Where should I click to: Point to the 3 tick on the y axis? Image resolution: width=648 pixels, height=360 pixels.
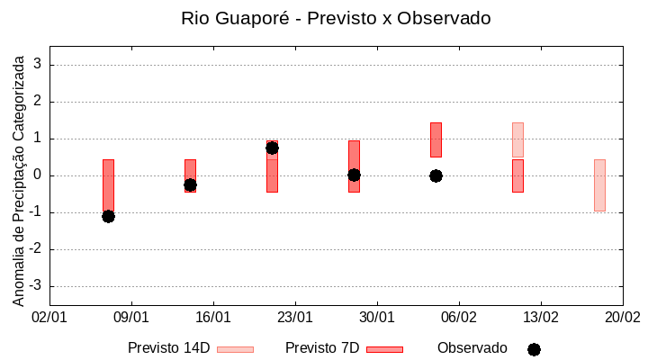pos(39,65)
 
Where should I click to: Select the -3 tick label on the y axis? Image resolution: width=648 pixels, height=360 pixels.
pos(36,286)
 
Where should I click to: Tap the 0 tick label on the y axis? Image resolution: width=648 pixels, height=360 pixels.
pos(39,175)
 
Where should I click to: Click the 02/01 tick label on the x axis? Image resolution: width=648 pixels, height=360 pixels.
pos(49,318)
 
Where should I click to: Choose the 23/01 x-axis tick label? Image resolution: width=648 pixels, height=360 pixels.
pos(295,318)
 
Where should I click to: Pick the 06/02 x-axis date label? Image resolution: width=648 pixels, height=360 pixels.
pos(459,318)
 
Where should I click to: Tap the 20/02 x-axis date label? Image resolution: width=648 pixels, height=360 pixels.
pos(622,318)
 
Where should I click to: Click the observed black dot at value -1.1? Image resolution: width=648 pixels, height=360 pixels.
pos(108,216)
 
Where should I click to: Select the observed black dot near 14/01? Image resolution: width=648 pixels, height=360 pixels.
pos(190,184)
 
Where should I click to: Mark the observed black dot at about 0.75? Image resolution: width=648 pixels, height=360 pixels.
pos(272,148)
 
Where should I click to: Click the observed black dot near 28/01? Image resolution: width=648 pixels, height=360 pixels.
pos(354,175)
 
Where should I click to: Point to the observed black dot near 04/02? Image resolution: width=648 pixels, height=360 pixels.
pos(436,175)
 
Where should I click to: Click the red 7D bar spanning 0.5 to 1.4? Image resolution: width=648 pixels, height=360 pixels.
pos(436,139)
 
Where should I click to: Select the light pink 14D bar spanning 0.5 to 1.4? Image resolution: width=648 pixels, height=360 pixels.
pos(517,139)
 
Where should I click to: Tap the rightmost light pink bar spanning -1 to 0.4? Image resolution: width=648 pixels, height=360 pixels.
pos(599,184)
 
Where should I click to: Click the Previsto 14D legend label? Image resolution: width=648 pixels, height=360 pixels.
pos(168,348)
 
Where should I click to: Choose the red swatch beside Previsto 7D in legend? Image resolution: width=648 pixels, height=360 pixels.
pos(384,349)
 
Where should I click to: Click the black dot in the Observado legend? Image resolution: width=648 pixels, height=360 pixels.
pos(534,349)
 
